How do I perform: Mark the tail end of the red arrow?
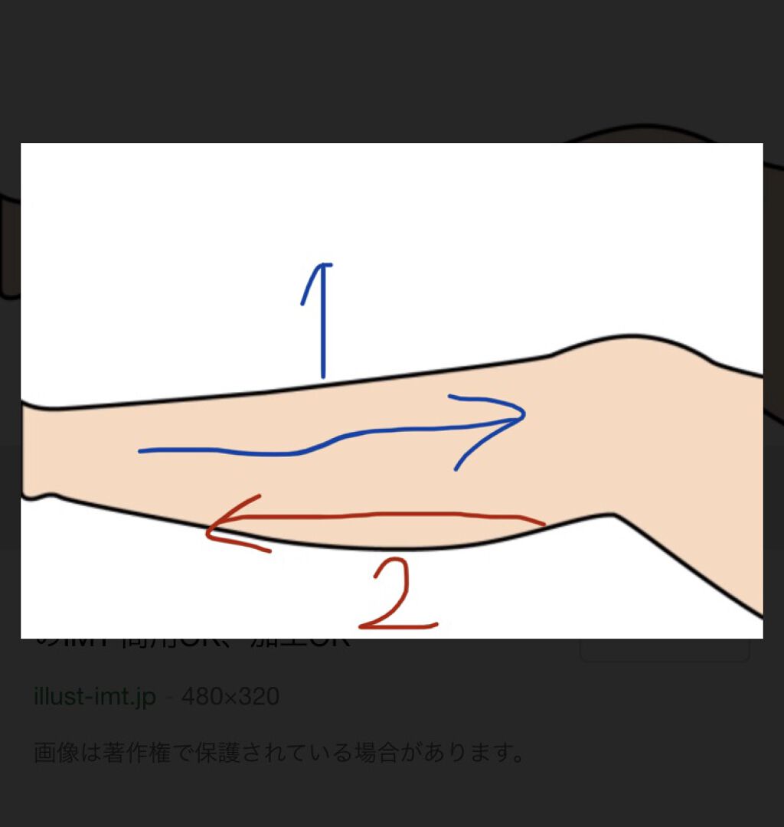click(544, 524)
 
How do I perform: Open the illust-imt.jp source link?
click(95, 697)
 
